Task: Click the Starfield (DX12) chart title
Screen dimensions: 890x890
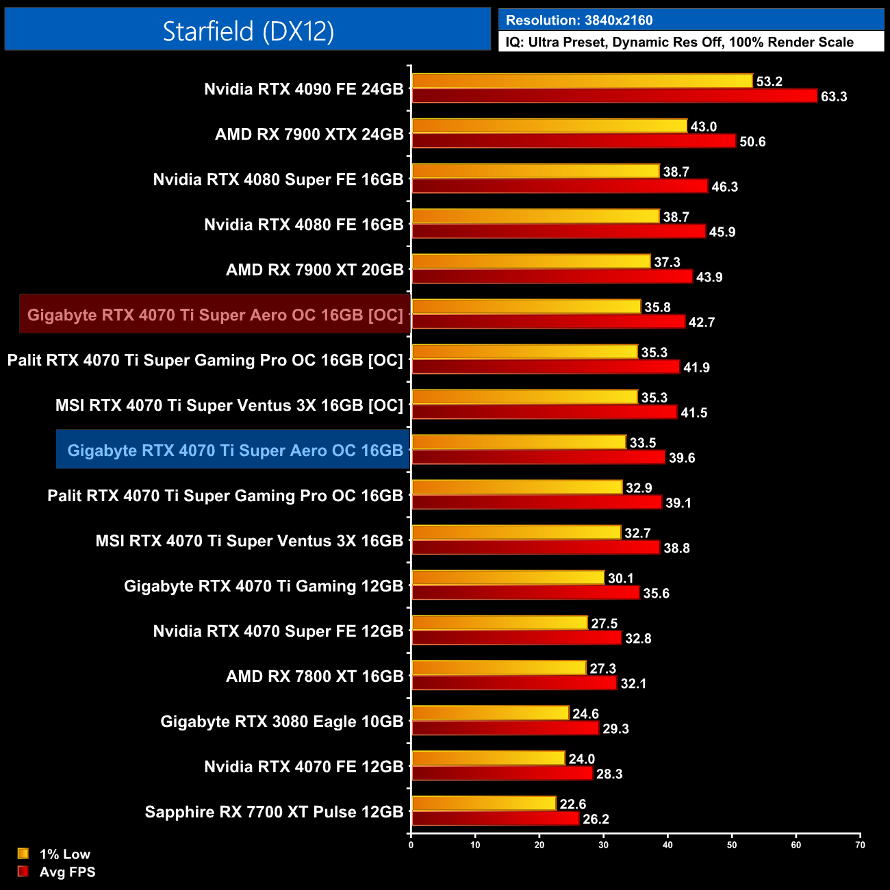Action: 248,31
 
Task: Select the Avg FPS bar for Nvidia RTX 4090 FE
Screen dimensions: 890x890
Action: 614,96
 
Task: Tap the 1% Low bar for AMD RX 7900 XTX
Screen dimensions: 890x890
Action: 549,126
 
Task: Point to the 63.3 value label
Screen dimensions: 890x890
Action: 834,97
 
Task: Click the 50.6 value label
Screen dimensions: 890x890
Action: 752,142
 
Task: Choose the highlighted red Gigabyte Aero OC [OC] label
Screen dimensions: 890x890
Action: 215,315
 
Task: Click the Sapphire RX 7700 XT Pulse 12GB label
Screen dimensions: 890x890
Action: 274,812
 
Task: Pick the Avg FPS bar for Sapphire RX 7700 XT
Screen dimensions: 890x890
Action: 495,819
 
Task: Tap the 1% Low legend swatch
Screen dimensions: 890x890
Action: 23,854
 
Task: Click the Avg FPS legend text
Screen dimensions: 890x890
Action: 67,872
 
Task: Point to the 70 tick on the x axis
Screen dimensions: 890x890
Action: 860,845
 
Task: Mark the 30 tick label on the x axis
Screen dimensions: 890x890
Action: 603,845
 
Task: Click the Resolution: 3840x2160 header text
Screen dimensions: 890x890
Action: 579,21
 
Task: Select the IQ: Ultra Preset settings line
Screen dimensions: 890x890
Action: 679,42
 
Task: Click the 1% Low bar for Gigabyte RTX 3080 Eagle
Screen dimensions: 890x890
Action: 490,713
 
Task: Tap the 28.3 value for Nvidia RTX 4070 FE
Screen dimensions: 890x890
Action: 609,774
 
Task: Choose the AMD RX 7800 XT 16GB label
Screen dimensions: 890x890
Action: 314,676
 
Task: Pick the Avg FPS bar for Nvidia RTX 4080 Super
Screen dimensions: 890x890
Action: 559,186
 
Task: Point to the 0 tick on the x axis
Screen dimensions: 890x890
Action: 411,845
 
